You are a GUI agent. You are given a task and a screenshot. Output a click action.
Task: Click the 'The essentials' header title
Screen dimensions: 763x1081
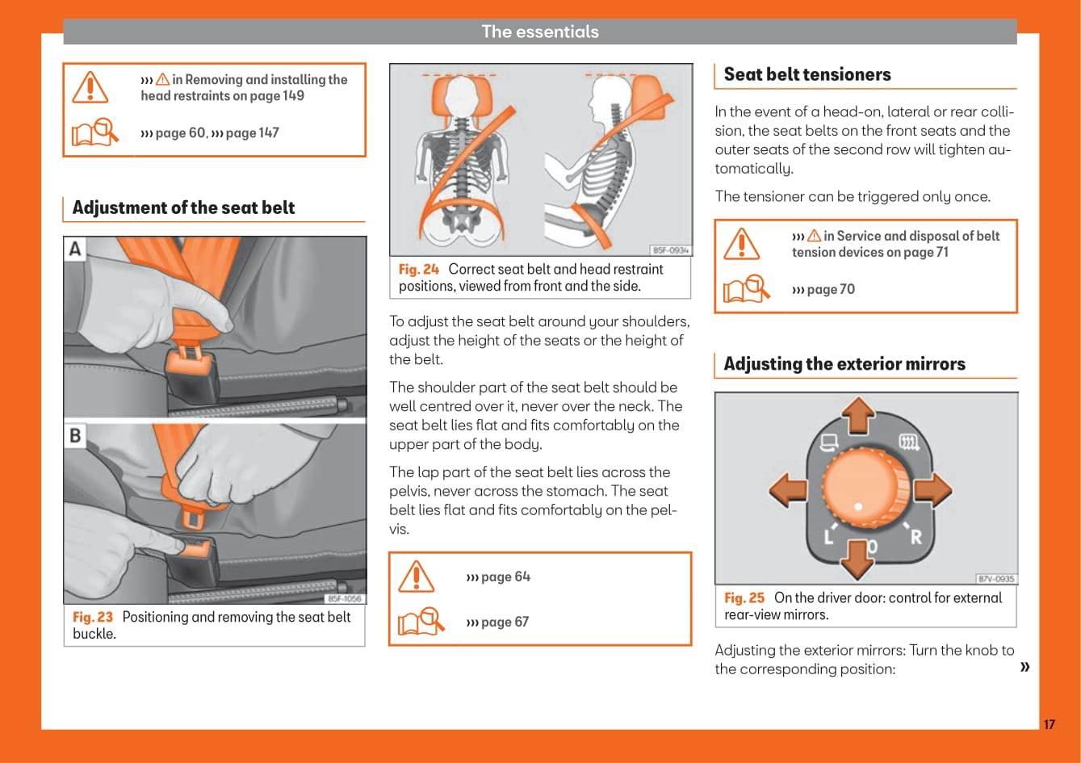(540, 31)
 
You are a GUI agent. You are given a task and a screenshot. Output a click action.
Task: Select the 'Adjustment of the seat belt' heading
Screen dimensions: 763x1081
(183, 208)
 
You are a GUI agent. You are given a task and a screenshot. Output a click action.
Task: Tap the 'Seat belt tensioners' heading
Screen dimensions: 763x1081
(807, 74)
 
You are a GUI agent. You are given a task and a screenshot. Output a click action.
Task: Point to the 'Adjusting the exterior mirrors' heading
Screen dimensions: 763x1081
(844, 364)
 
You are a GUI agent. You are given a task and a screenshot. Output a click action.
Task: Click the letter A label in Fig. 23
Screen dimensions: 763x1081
(75, 249)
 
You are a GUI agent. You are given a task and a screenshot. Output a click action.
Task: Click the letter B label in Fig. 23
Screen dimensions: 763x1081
(75, 435)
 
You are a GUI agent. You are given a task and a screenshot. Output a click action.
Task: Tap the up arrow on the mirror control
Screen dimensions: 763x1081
(858, 415)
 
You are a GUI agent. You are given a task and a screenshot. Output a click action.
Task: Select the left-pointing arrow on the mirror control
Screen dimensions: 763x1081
(788, 490)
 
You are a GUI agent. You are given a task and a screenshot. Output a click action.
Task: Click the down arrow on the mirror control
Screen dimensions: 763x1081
(858, 558)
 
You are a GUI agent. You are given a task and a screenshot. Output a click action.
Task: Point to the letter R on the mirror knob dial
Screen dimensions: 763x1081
(915, 536)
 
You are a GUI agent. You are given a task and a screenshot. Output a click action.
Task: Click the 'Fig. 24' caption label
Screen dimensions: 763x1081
(419, 269)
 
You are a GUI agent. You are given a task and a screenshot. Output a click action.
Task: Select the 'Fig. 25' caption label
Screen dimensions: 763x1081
(744, 598)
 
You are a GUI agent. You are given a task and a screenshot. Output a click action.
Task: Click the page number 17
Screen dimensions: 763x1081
(1049, 724)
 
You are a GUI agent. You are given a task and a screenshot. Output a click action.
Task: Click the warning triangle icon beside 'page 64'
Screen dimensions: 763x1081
(417, 576)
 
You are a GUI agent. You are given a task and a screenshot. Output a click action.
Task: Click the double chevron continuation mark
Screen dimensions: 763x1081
(1025, 666)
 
